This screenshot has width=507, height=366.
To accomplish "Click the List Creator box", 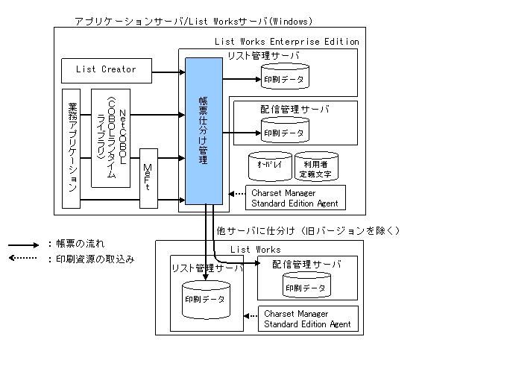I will click(107, 70).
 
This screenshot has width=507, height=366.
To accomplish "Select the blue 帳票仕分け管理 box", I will click(204, 131).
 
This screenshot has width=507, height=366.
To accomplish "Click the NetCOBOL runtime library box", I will click(110, 138).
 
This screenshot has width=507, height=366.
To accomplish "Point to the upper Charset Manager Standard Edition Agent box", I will click(295, 198).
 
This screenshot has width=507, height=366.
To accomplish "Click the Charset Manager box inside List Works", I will click(308, 318).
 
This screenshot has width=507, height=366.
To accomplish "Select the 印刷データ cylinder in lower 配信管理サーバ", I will click(305, 285).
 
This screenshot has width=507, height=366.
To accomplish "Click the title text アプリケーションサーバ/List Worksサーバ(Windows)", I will click(194, 21).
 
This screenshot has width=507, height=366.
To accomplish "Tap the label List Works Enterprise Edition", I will click(286, 42).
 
